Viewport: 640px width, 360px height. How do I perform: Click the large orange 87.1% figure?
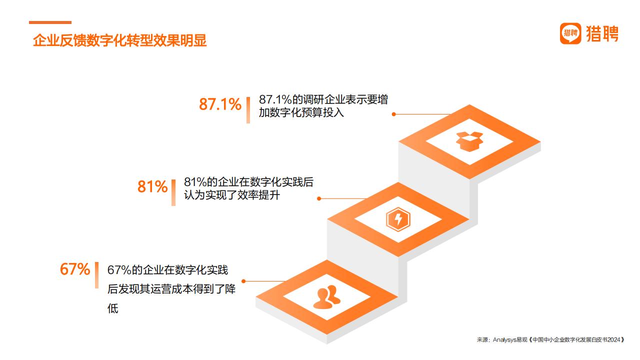220,104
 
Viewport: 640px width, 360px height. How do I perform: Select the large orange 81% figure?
152,186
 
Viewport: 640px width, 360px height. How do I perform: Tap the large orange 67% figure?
75,269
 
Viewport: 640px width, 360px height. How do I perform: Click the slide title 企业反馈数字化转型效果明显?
119,40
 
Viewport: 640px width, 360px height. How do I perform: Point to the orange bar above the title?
50,22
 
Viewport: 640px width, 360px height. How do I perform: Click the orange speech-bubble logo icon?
570,33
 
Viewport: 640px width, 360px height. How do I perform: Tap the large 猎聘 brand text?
602,33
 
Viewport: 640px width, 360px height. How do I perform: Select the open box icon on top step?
469,141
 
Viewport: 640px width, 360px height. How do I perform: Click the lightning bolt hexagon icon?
398,219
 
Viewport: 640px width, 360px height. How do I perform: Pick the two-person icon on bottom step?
327,297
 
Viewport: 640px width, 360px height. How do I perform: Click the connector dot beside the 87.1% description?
393,114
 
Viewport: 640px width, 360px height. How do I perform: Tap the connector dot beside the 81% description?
319,198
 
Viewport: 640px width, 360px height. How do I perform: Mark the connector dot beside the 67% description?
243,281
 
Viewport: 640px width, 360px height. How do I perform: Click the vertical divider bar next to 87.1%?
248,110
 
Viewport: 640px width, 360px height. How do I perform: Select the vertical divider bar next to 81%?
173,192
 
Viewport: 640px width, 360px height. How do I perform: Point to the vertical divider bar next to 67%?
97,275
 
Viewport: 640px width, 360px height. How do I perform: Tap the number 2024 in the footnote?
613,339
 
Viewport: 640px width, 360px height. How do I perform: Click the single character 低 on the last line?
113,308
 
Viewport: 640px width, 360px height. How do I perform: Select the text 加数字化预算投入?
301,112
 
